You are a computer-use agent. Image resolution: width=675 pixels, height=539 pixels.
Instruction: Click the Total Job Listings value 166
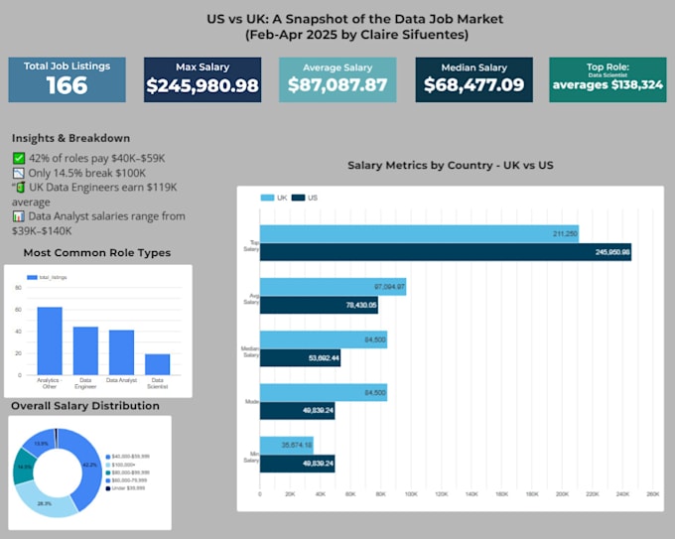point(67,85)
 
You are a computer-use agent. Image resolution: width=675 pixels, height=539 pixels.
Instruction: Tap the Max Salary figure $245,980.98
point(202,86)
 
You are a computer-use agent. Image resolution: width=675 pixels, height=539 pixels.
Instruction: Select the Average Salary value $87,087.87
point(337,86)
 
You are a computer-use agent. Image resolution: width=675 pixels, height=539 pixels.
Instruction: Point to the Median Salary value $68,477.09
point(473,85)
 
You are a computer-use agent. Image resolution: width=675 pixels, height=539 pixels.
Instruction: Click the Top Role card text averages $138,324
point(608,85)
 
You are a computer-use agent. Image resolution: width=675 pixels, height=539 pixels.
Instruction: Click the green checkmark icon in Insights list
point(19,158)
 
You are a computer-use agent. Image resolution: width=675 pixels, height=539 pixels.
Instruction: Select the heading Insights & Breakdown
point(70,139)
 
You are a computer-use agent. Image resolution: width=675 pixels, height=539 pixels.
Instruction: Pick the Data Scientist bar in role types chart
point(158,363)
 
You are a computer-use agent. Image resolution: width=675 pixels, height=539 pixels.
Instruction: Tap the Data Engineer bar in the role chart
point(85,349)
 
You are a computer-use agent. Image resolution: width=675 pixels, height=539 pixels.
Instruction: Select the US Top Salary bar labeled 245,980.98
point(445,252)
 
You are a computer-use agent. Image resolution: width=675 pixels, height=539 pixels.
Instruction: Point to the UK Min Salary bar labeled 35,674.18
point(286,446)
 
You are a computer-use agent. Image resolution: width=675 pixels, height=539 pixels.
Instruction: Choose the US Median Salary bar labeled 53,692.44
point(300,357)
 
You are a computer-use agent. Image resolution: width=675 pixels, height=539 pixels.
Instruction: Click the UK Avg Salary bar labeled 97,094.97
point(333,287)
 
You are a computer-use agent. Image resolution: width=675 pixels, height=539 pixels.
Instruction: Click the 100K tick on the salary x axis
point(411,493)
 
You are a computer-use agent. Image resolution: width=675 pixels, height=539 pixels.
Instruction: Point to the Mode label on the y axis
point(251,402)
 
